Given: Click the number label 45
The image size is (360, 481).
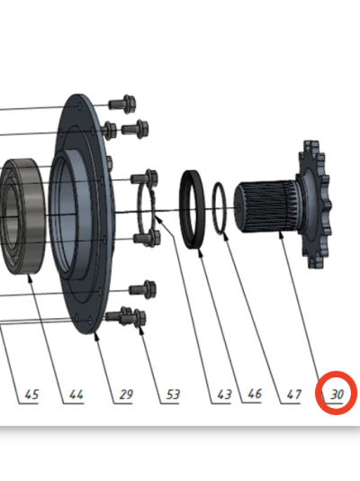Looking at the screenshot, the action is pyautogui.click(x=31, y=395).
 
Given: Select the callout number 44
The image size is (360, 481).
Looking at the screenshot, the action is pyautogui.click(x=76, y=395).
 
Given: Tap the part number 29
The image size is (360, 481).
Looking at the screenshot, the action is pyautogui.click(x=126, y=395).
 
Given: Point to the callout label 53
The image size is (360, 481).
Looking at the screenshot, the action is pyautogui.click(x=173, y=395).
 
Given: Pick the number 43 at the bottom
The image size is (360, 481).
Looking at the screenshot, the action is pyautogui.click(x=224, y=395).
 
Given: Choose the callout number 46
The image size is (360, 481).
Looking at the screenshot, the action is pyautogui.click(x=255, y=394).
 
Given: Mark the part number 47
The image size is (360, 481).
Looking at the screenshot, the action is pyautogui.click(x=293, y=395).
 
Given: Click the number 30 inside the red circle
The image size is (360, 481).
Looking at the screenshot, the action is pyautogui.click(x=337, y=395).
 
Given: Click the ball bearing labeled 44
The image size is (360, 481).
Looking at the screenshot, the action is pyautogui.click(x=23, y=216).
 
